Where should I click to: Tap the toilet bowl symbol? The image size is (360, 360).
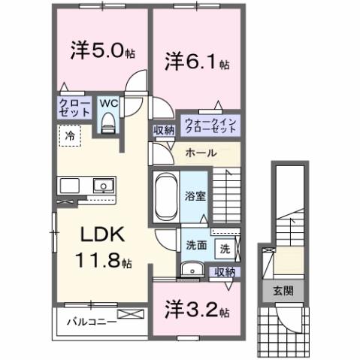click(107, 123)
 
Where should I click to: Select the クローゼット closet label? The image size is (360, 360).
click(74, 107)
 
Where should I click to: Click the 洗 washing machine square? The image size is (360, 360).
click(225, 247)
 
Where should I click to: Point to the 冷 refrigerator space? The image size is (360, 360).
click(69, 137)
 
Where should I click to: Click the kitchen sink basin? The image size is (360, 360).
click(100, 185)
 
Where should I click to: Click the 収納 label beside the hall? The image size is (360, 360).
click(164, 130)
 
